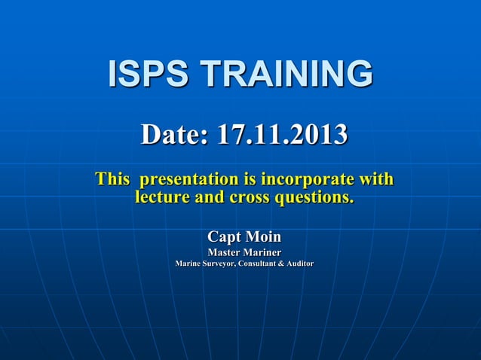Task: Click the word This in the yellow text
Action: (112, 180)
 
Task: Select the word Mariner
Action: (262, 252)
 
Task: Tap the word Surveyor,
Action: (222, 264)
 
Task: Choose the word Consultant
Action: (261, 264)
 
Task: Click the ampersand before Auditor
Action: (286, 264)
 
